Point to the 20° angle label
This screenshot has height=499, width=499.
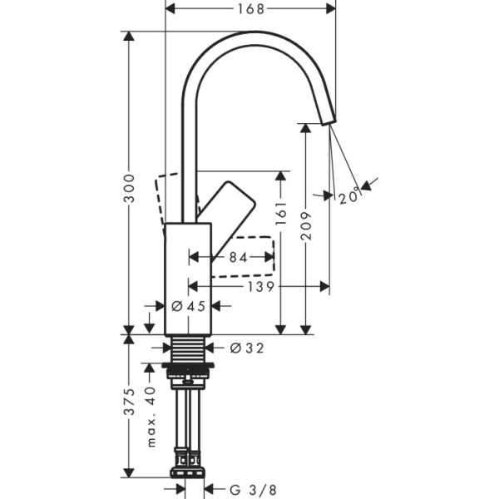pos(349,197)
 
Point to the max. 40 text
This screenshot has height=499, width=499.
pos(151,416)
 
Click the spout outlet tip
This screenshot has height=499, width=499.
pos(328,119)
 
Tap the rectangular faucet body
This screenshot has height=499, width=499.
pos(189,274)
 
